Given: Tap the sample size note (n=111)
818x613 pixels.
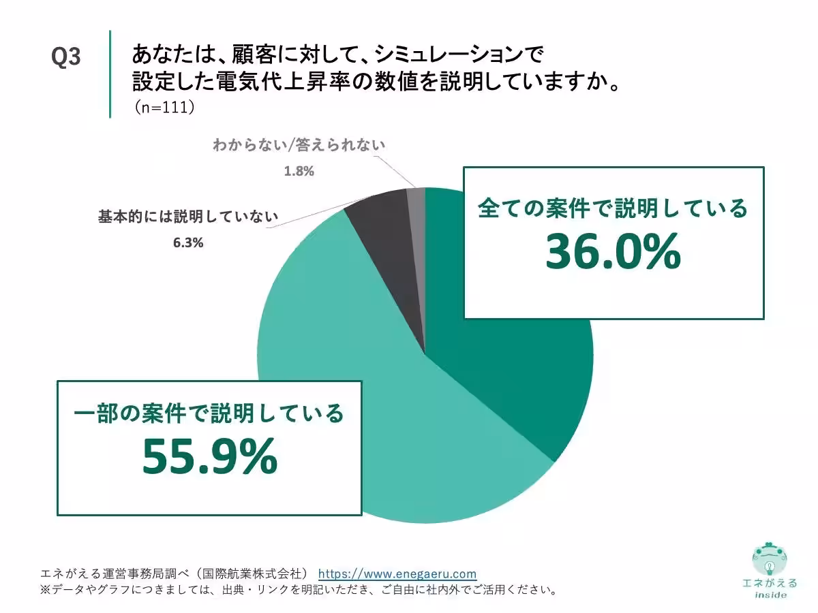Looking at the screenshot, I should click(x=164, y=107).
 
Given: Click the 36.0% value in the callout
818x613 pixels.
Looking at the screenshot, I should click(x=613, y=252).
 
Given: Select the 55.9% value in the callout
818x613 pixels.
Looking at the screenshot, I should click(x=209, y=456).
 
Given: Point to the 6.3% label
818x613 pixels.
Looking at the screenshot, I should click(x=188, y=242).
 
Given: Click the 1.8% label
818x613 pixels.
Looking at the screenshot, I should click(x=299, y=171).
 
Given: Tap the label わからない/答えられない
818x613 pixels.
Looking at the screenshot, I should click(x=299, y=144).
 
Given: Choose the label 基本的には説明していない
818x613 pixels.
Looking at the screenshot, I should click(x=188, y=217).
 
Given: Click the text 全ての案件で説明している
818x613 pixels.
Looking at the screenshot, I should click(x=613, y=208).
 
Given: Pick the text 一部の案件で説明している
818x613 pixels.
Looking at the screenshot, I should click(x=209, y=413).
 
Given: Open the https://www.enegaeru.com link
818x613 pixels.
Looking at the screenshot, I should click(x=397, y=573).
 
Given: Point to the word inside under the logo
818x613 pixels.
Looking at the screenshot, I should click(x=770, y=595).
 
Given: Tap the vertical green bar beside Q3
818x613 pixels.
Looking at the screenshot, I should click(x=110, y=74).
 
